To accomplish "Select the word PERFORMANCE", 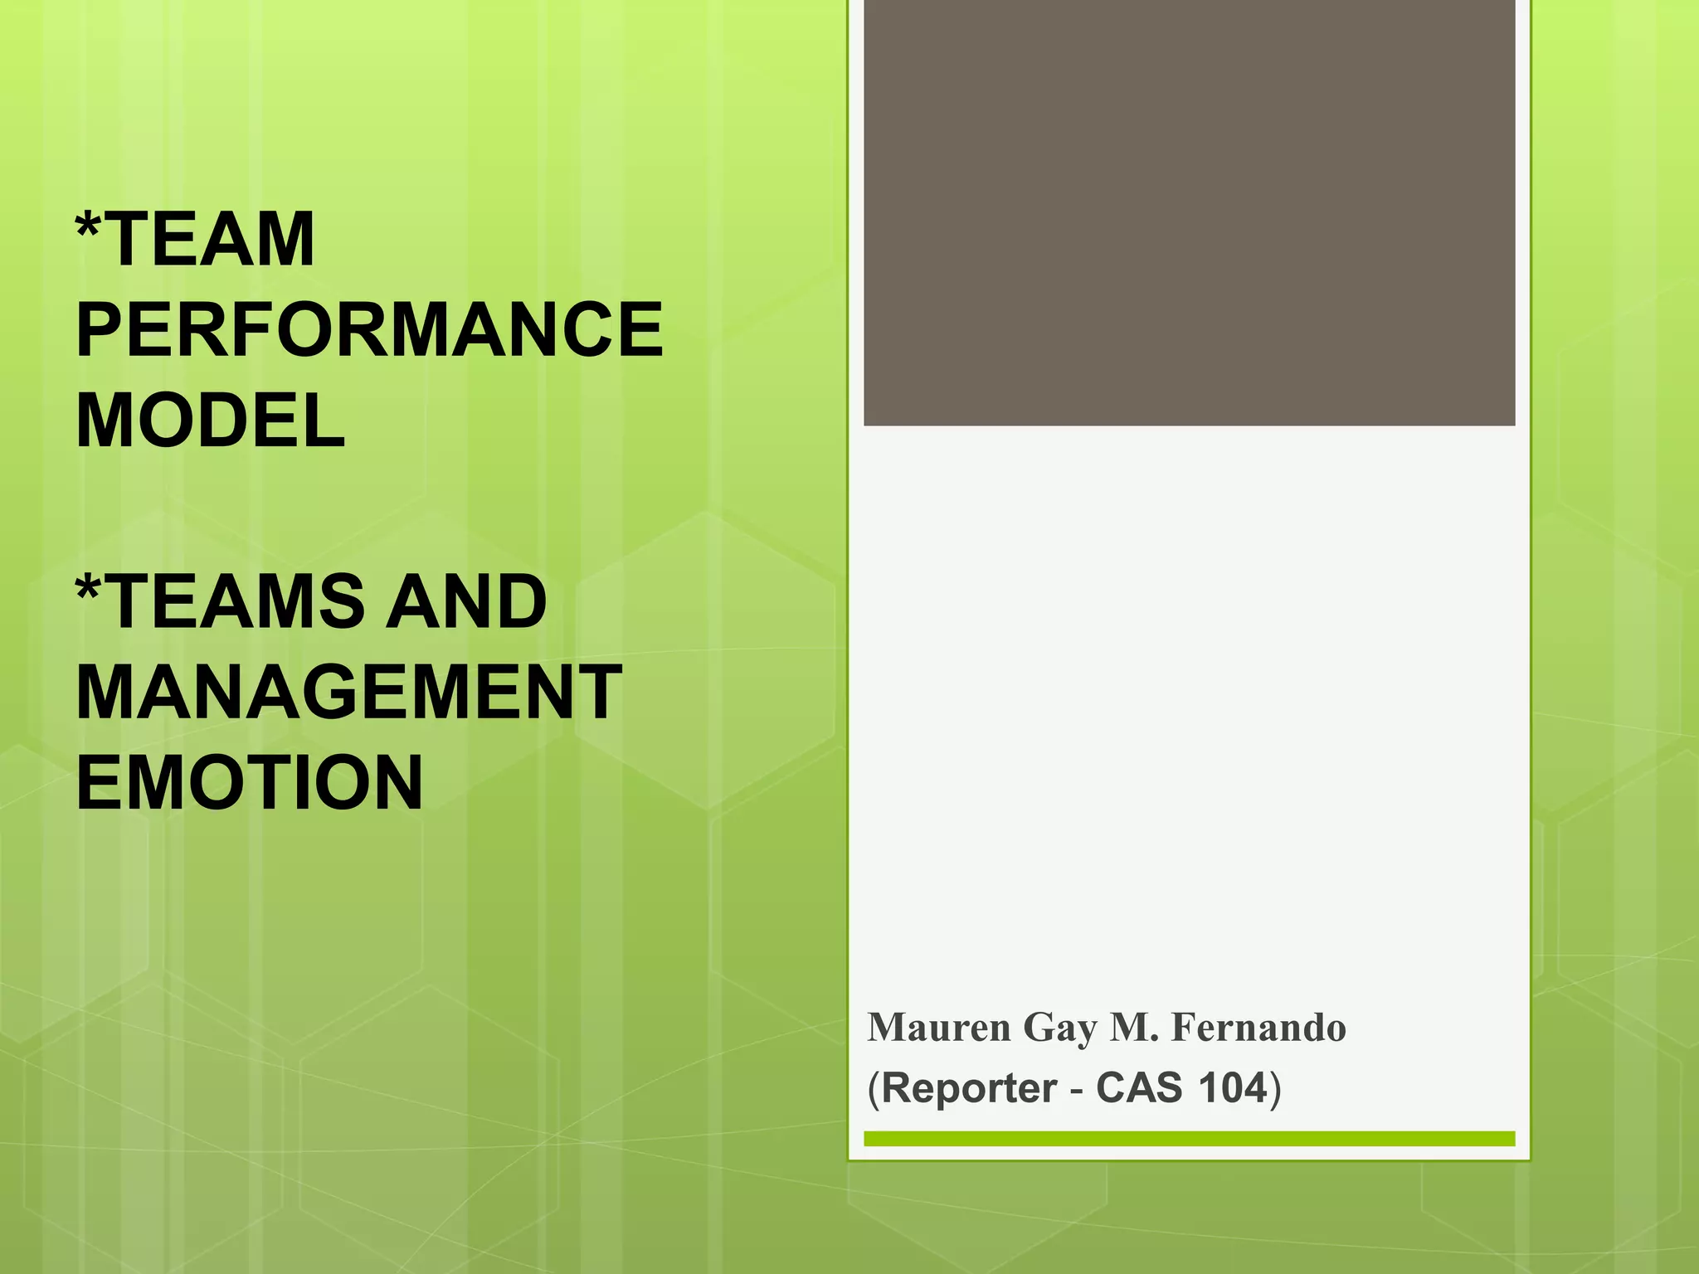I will coord(369,330).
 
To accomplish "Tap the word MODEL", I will coord(211,421).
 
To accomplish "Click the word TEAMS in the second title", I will coord(236,601).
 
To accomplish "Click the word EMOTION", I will coord(249,782).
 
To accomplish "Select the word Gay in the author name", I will coord(1060,1029).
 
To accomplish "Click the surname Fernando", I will coord(1258,1028).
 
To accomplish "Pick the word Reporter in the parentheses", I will coord(968,1088).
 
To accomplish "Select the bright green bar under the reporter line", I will coord(1189,1139).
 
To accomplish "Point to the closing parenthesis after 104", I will coord(1276,1088).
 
